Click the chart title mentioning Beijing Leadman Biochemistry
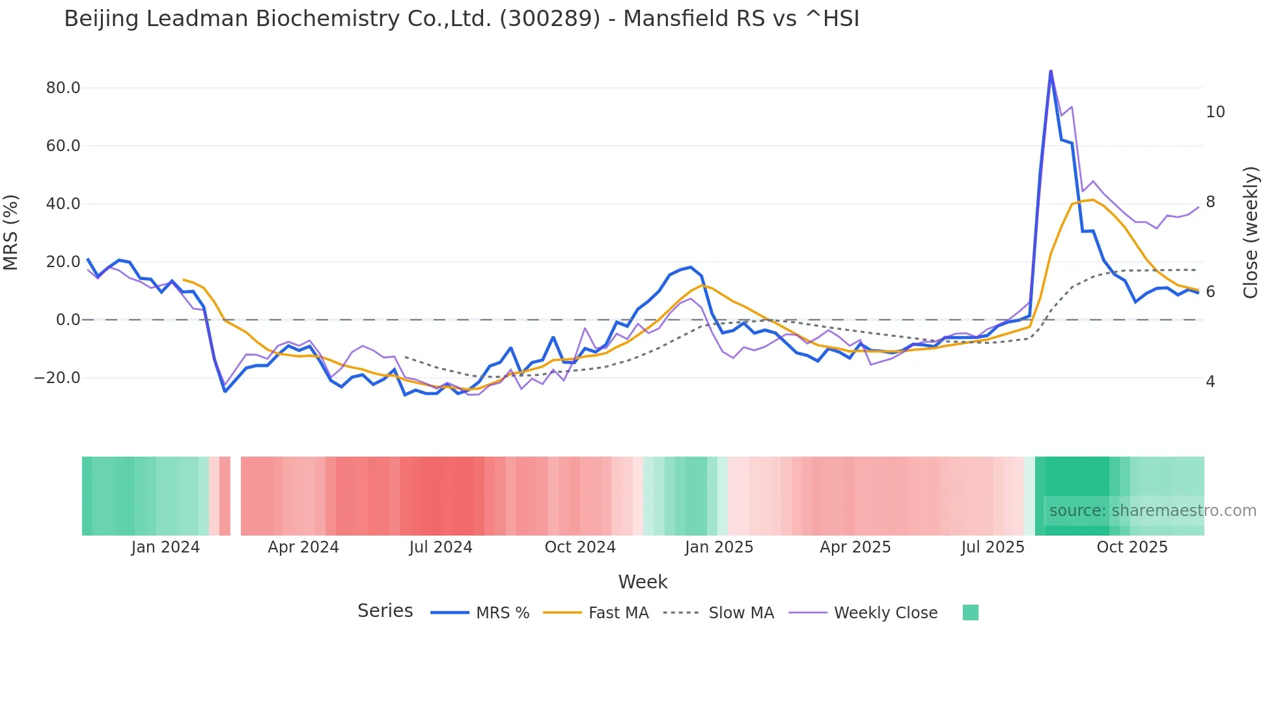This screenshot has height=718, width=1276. (461, 19)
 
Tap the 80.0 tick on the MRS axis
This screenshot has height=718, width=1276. (63, 88)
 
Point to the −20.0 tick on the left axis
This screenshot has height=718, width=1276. (57, 378)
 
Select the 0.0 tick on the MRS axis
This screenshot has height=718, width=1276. (68, 320)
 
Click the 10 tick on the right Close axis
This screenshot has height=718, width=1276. (1215, 112)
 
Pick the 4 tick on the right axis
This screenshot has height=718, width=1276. (1210, 382)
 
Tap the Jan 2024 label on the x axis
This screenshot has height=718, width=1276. (165, 547)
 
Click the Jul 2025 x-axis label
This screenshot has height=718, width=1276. (992, 547)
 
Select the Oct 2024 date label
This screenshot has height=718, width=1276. (580, 547)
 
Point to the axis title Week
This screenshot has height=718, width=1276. (643, 582)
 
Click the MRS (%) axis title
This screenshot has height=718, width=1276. (11, 233)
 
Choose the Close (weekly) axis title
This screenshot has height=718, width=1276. (1250, 233)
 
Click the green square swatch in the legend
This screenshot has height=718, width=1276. (970, 612)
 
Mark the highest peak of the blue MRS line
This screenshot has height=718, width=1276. (1050, 71)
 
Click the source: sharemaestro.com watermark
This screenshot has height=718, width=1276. (1152, 511)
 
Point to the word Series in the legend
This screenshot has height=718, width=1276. (385, 611)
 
